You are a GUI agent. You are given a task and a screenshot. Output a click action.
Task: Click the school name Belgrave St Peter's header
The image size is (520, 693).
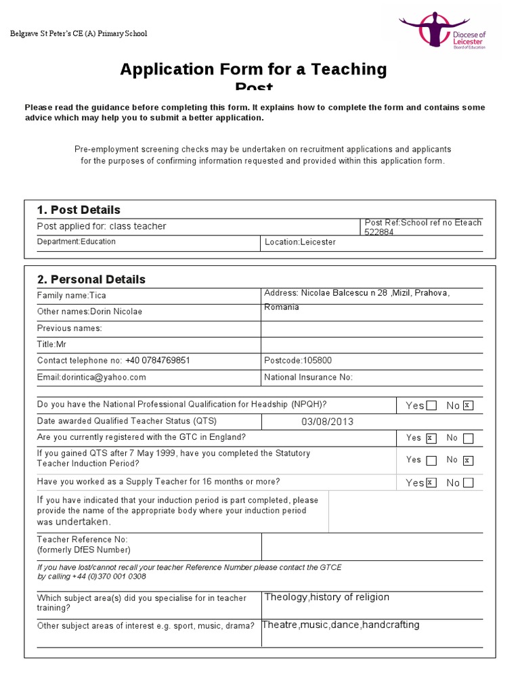point(78,34)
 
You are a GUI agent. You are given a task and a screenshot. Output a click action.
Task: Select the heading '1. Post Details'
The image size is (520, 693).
point(79,210)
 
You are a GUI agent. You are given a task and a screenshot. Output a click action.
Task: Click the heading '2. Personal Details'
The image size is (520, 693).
point(91,280)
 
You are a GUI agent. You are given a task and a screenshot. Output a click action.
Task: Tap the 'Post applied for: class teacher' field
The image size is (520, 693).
point(102,226)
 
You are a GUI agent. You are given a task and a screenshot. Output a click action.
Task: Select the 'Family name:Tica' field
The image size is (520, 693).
point(72,296)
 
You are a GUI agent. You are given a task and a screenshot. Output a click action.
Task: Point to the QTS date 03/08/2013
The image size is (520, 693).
point(328,422)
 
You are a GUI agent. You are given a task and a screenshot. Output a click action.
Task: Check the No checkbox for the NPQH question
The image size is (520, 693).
point(468,405)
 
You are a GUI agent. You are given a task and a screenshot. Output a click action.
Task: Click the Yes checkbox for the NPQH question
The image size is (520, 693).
point(432,405)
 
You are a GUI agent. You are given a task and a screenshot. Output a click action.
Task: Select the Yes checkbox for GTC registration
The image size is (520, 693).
point(431,438)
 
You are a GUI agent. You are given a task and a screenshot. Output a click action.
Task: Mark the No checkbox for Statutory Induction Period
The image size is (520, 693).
point(468,460)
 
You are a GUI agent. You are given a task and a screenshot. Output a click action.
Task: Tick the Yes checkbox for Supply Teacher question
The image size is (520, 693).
point(431,483)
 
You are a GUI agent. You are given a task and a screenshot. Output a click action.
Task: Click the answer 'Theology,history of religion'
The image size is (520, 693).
point(327,597)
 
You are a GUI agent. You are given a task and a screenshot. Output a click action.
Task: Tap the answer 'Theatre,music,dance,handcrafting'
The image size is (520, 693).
point(341,625)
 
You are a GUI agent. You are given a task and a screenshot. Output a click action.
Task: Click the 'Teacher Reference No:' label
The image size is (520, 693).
point(83,539)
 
